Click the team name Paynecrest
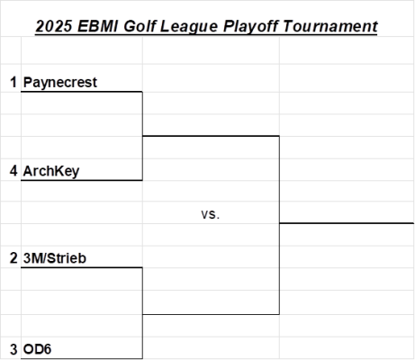click(x=60, y=82)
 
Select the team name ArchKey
click(x=51, y=171)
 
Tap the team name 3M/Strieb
click(x=55, y=258)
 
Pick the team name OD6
click(x=37, y=349)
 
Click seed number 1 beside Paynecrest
click(x=14, y=82)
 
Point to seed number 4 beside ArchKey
click(x=14, y=171)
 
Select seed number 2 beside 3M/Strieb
click(x=14, y=258)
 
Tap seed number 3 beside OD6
click(x=14, y=349)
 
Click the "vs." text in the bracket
click(x=211, y=214)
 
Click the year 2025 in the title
click(x=54, y=26)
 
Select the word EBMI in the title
click(x=98, y=26)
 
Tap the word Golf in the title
click(x=140, y=26)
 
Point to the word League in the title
click(x=189, y=26)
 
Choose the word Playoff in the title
click(x=250, y=26)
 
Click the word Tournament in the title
click(x=330, y=26)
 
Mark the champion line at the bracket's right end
click(x=347, y=223)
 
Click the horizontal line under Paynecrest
click(x=82, y=92)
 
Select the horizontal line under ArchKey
click(x=82, y=180)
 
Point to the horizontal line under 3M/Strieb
click(x=82, y=267)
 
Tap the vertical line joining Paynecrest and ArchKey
click(x=142, y=136)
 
